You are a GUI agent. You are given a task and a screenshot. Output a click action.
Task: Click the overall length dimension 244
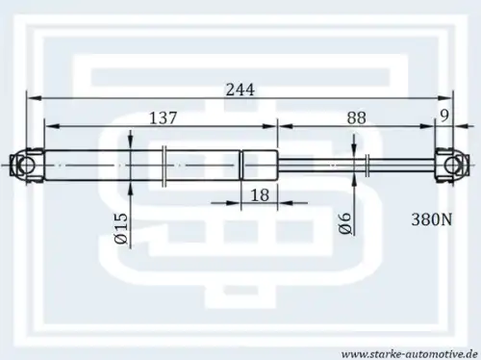click(x=240, y=90)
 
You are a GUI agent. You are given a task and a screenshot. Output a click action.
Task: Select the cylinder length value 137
click(x=164, y=118)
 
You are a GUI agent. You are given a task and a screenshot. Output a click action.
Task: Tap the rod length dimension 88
click(x=356, y=118)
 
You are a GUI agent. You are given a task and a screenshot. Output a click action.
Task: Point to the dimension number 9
click(x=444, y=116)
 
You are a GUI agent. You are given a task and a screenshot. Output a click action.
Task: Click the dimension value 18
click(x=260, y=195)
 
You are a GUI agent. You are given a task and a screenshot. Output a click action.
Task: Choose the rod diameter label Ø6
click(x=344, y=223)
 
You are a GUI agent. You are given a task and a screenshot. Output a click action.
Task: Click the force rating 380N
click(x=432, y=220)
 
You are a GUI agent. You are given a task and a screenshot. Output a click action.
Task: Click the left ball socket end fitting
click(x=27, y=165)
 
